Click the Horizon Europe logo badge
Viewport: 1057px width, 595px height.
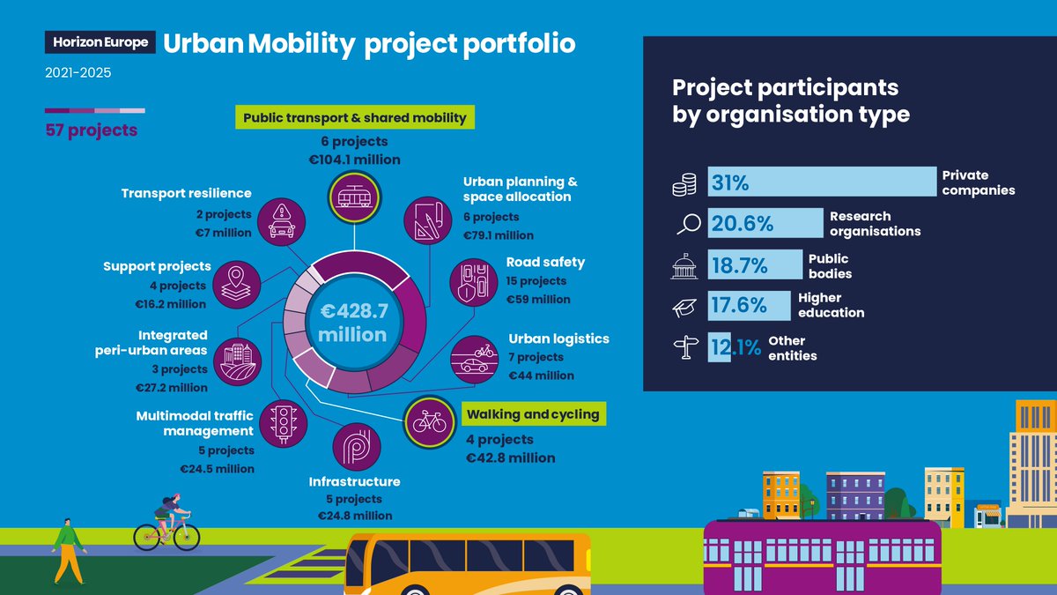100,42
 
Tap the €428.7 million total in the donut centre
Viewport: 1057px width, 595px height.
353,324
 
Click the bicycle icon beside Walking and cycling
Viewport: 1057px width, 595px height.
429,421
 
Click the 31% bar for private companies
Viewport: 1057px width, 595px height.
822,182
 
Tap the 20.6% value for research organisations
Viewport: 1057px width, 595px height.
742,224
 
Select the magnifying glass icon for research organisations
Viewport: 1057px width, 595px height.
686,224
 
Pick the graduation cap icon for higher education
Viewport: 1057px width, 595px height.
685,307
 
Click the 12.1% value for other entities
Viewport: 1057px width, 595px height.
735,348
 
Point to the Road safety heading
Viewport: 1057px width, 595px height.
545,262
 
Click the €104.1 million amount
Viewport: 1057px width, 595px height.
353,160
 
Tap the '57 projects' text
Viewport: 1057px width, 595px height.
91,130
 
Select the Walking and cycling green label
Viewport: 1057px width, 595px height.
533,414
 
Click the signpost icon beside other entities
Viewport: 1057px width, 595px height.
685,349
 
